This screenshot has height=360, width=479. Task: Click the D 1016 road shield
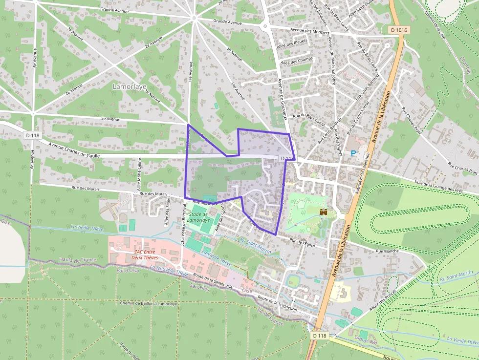pos(399,30)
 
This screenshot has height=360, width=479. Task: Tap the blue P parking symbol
pos(353,153)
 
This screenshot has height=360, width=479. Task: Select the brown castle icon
pos(323,212)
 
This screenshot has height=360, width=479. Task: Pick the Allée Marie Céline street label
pos(140,173)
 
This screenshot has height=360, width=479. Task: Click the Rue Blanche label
pos(387,251)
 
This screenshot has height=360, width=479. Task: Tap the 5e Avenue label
pos(110,118)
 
